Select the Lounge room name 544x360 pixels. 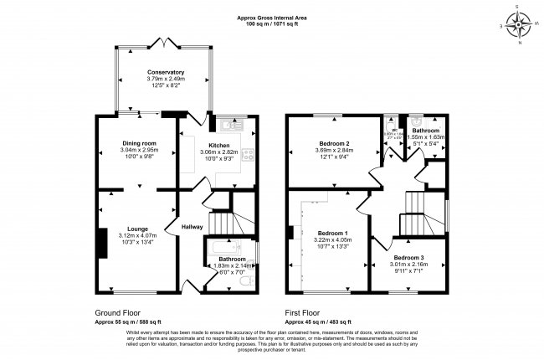(138, 228)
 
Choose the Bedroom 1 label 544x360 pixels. (333, 232)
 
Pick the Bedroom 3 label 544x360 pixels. (409, 257)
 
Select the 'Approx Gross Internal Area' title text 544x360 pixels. (272, 17)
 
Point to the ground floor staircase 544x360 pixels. (222, 222)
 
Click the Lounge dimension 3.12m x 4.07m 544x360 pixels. (138, 235)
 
